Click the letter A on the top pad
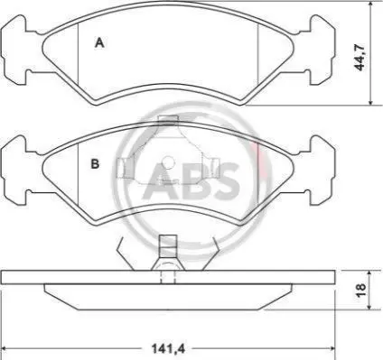pyautogui.click(x=99, y=43)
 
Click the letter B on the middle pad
pyautogui.click(x=95, y=163)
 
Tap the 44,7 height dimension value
pyautogui.click(x=360, y=57)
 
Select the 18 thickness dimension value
pyautogui.click(x=360, y=290)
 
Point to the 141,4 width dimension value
pyautogui.click(x=168, y=349)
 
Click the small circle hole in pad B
pyautogui.click(x=168, y=162)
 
